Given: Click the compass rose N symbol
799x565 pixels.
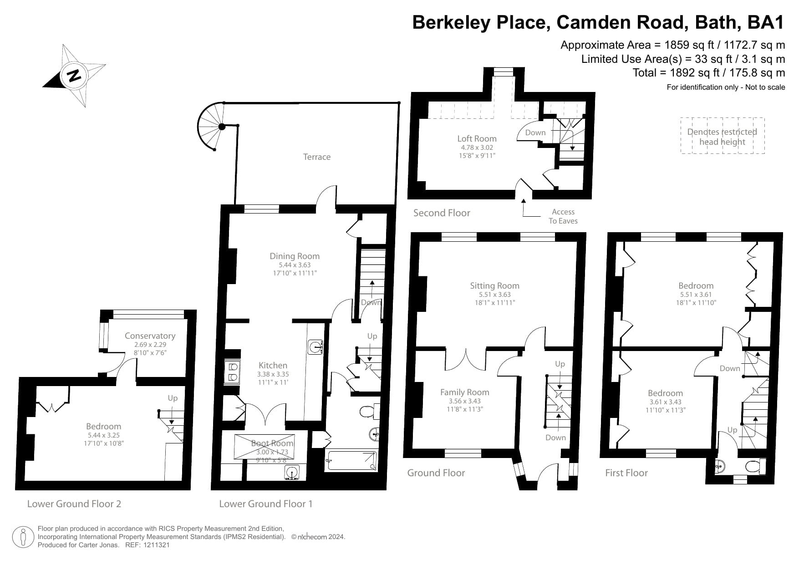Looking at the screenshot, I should [74, 75].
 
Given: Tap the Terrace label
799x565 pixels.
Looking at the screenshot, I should [317, 157].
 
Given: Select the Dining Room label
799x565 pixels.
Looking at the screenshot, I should [295, 256].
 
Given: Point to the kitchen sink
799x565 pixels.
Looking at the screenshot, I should [316, 347].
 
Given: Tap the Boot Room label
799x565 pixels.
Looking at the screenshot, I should [272, 443].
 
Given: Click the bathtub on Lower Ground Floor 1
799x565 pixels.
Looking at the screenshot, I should [351, 460].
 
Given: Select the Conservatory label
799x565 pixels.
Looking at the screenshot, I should [150, 336].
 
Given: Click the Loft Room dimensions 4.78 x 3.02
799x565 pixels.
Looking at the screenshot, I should [477, 148].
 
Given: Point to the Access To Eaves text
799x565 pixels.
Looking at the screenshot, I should [563, 216].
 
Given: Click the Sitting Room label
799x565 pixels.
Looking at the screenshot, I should [494, 286].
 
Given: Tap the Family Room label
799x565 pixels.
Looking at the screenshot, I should [464, 392].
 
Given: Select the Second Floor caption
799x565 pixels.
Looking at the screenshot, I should [442, 213].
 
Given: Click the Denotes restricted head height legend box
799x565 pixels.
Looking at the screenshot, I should [722, 136].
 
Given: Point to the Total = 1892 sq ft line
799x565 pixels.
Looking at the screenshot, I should [708, 73].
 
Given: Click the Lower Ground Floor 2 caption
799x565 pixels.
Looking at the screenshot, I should [74, 504].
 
